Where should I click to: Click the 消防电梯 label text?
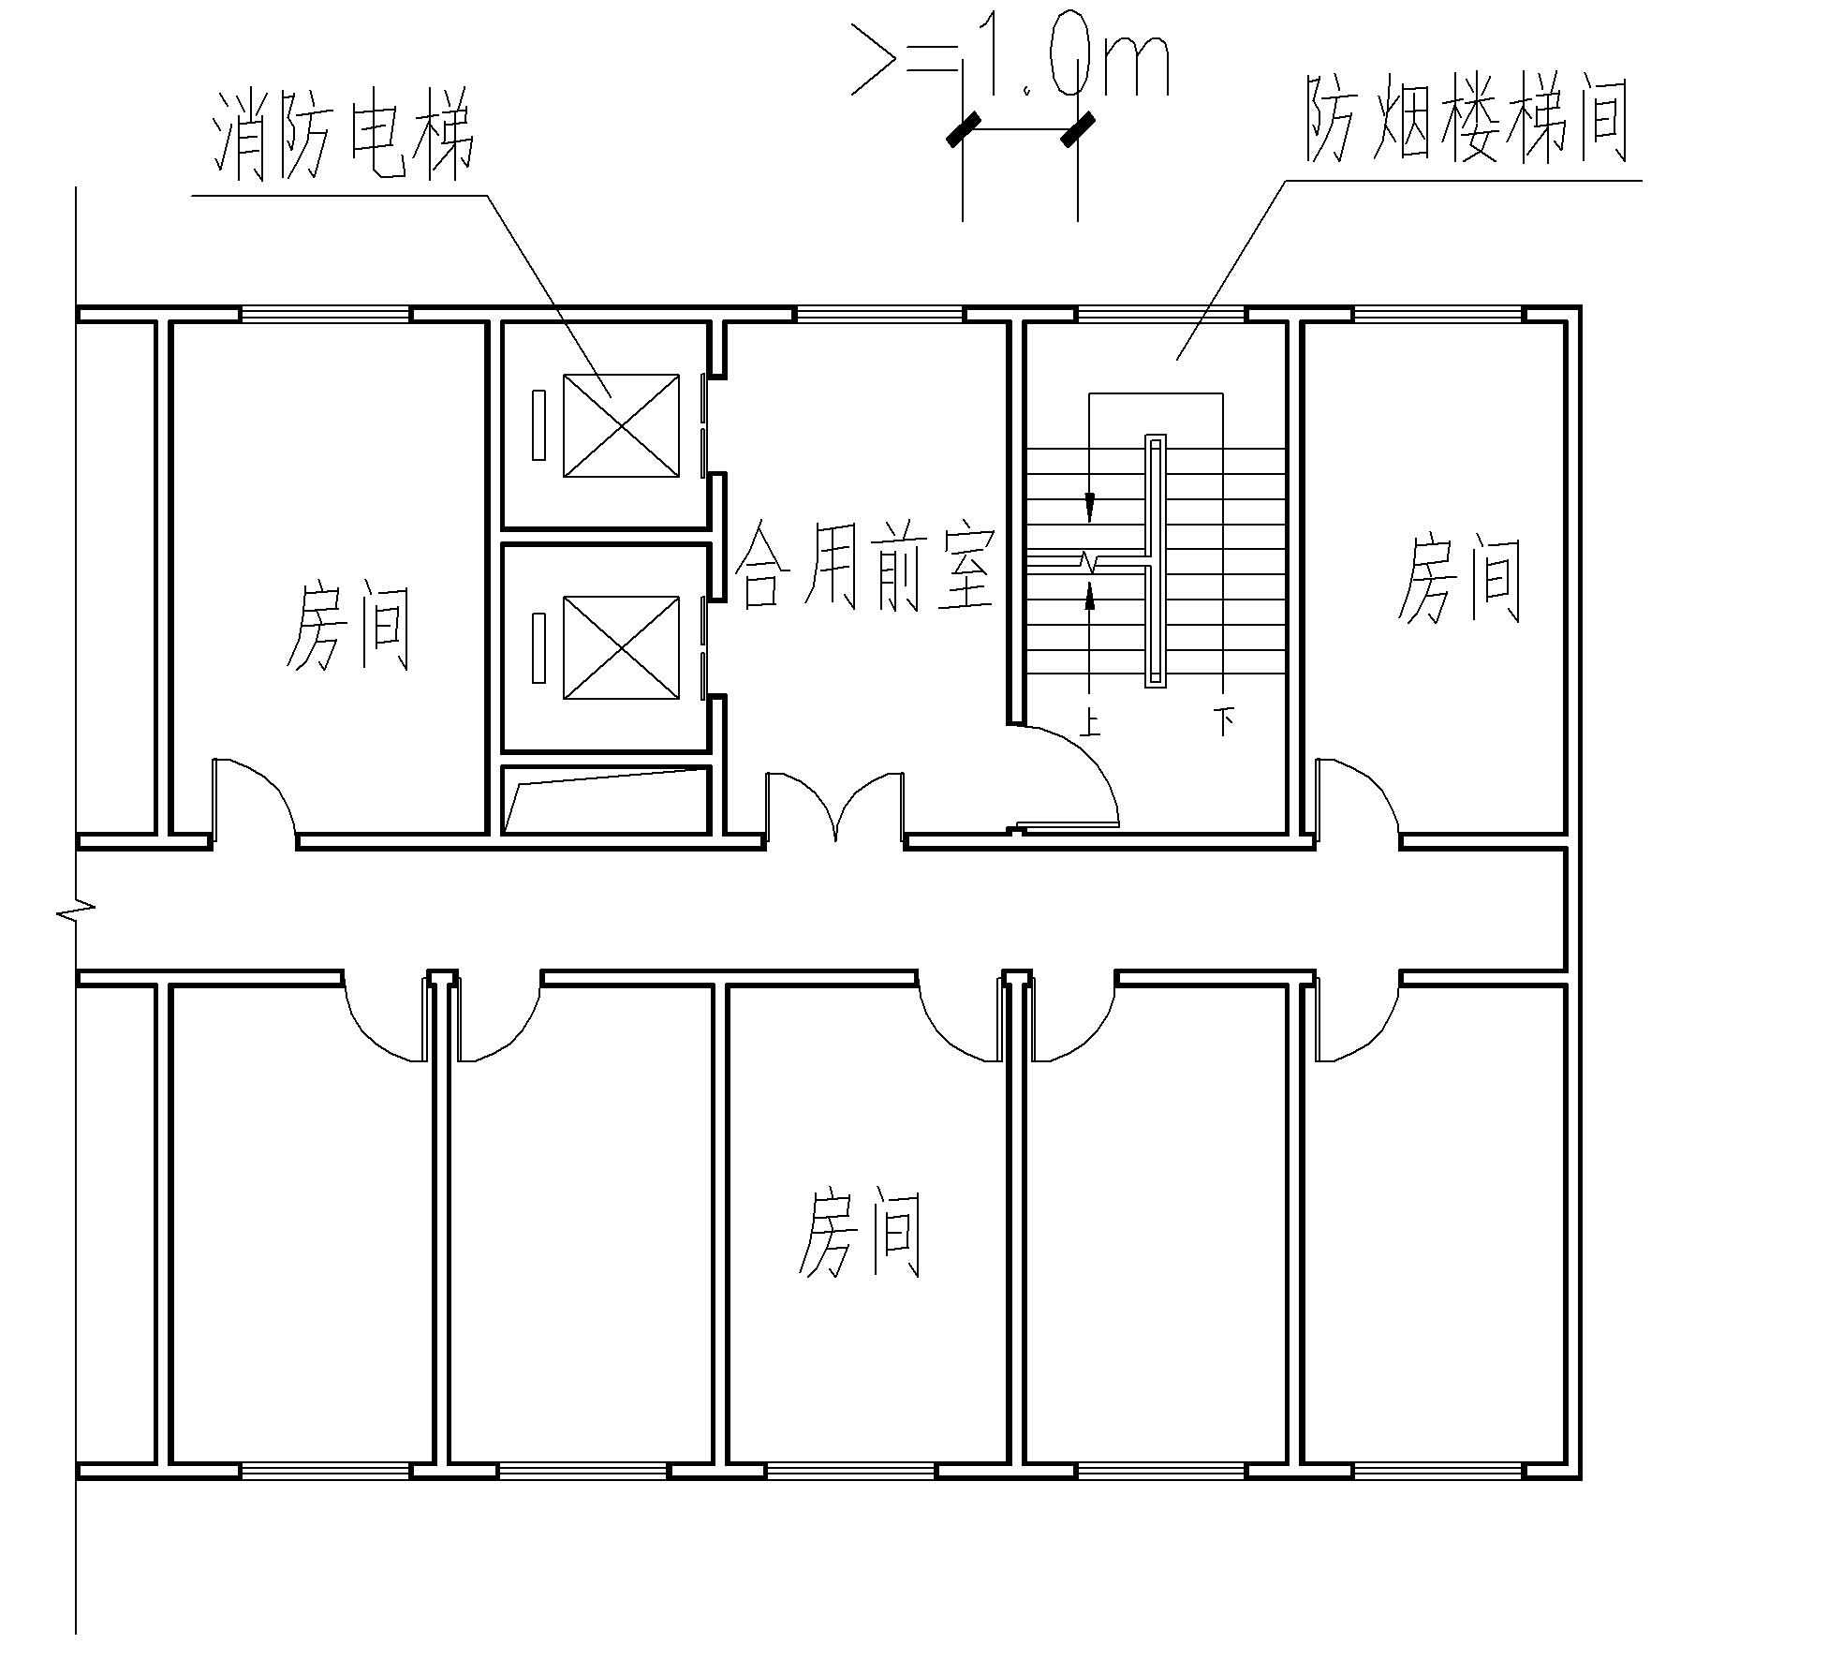coord(345,137)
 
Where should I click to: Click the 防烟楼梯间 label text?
coord(1466,122)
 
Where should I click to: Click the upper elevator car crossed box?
coord(621,425)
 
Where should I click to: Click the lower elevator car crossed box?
coord(621,647)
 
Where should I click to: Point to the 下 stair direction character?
coord(1224,720)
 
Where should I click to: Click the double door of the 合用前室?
coord(835,806)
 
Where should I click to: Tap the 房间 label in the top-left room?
coord(347,626)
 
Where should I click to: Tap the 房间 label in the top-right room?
coord(1459,579)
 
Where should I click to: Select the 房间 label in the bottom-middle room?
coord(860,1233)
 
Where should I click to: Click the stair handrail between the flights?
coord(1156,561)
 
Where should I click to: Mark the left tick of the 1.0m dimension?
coord(963,129)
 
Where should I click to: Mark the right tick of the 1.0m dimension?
coord(1078,129)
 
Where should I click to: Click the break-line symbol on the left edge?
coord(75,909)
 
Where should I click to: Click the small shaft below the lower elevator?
coord(606,800)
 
